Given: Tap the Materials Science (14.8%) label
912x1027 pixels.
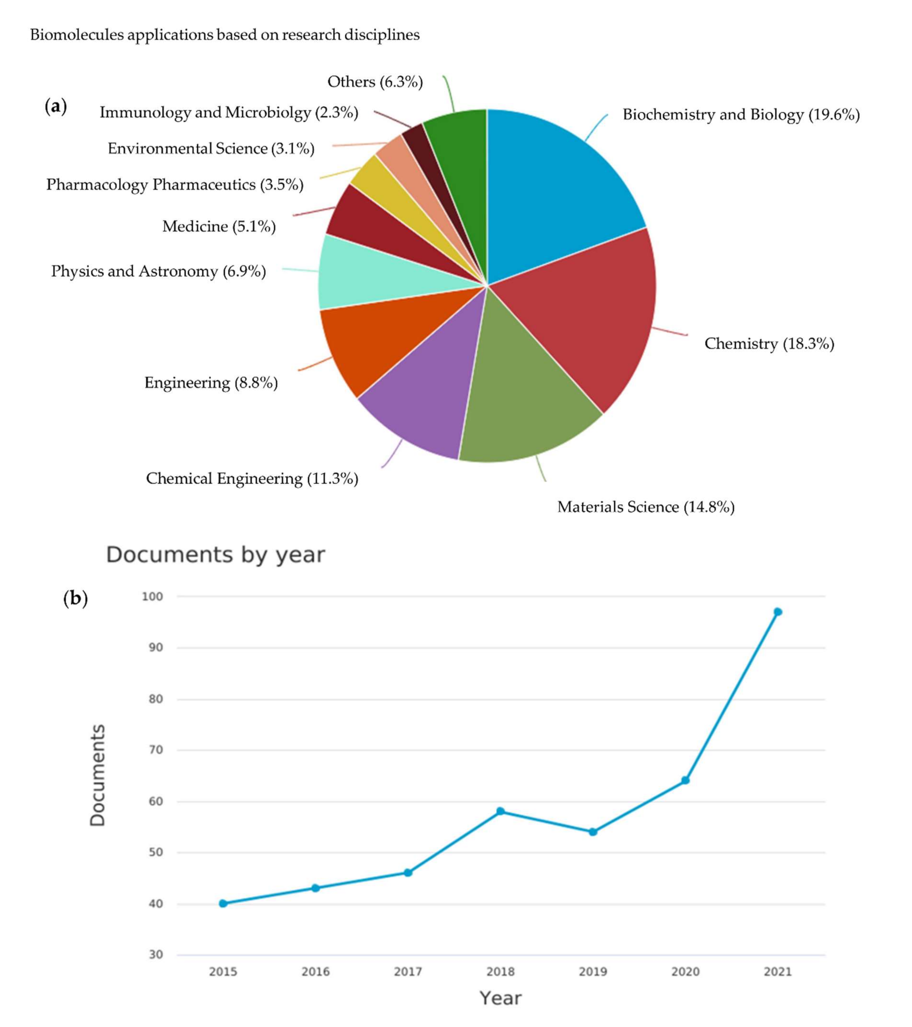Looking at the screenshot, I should click(x=646, y=507).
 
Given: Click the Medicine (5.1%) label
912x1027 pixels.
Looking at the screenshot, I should click(x=219, y=227).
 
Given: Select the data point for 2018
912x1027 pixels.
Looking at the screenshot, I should click(x=500, y=811).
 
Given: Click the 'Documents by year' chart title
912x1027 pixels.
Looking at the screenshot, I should click(x=215, y=555).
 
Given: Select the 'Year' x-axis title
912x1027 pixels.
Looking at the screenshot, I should click(x=500, y=998).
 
